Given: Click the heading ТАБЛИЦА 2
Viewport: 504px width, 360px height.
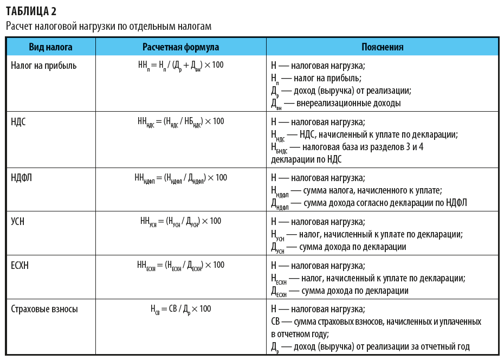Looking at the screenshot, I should pos(31,11).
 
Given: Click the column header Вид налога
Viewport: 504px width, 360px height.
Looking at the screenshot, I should pos(50,47).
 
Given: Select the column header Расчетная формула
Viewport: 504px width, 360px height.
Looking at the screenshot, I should pos(180,47).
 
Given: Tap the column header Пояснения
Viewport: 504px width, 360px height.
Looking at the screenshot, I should pos(382,47).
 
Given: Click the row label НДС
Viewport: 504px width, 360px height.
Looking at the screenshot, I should pos(18,121).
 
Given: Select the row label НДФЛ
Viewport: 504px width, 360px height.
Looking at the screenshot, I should pos(22,178).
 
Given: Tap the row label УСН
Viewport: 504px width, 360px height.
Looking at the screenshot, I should pos(18,221).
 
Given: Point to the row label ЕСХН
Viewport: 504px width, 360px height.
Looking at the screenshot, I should pos(21,265).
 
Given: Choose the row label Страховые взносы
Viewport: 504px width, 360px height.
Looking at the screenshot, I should pos(44,309).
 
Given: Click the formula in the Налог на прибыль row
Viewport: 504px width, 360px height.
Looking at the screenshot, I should pos(180,66).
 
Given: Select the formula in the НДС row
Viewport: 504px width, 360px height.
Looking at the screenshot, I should pos(180,122).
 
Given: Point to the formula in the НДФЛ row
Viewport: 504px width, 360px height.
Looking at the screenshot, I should pos(180,178).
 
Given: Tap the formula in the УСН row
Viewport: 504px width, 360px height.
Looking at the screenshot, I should pos(180,222).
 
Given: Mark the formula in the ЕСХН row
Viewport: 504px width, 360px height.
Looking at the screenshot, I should pos(180,266).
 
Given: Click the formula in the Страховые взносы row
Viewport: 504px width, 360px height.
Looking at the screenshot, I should pos(180,310).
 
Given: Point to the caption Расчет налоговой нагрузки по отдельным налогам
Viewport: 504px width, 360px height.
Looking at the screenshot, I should pos(108,25).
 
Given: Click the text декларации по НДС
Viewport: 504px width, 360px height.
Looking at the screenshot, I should pos(306,159).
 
